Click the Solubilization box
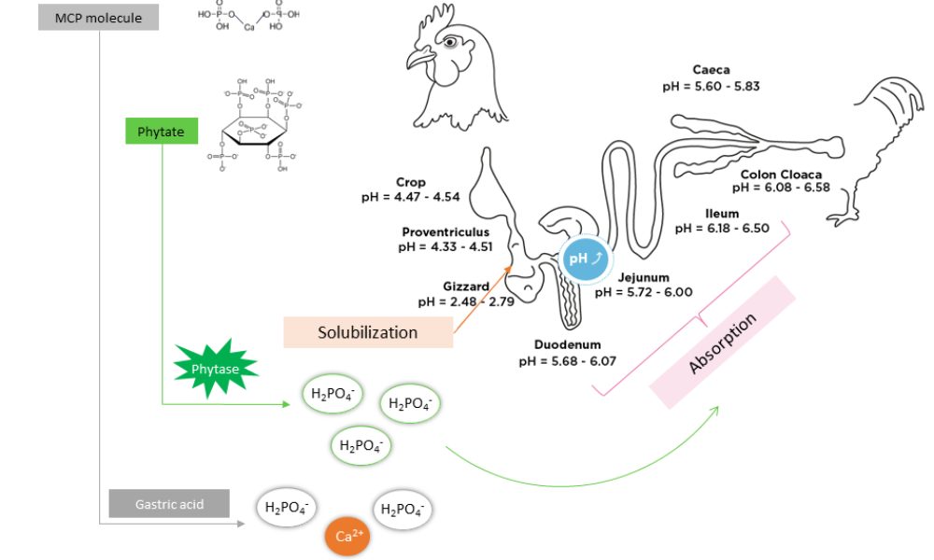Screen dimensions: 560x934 [x=368, y=332]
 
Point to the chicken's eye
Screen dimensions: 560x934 [x=451, y=41]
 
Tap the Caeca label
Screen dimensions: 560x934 [x=713, y=69]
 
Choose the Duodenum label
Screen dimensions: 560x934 [x=566, y=345]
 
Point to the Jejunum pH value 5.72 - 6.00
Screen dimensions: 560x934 [x=644, y=292]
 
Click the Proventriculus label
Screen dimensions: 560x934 [x=446, y=231]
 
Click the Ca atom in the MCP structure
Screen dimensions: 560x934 [x=248, y=28]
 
